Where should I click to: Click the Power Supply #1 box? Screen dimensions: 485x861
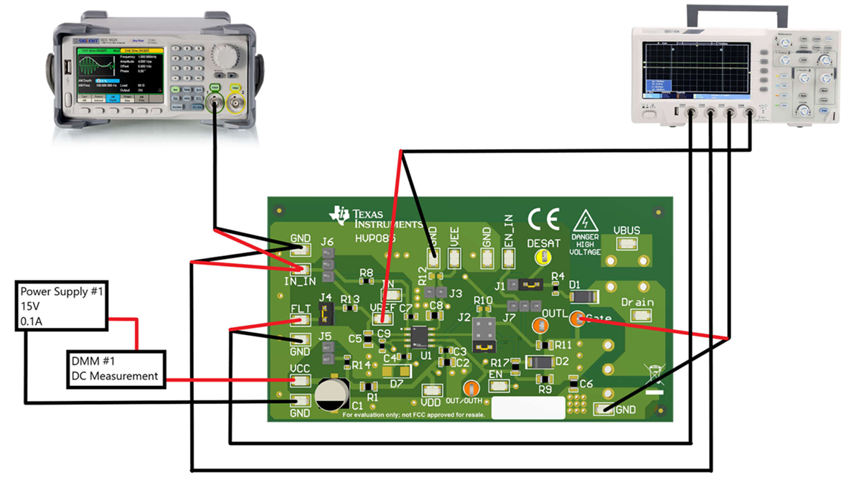[x=62, y=306]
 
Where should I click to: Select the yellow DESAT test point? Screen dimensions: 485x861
[x=545, y=258]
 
